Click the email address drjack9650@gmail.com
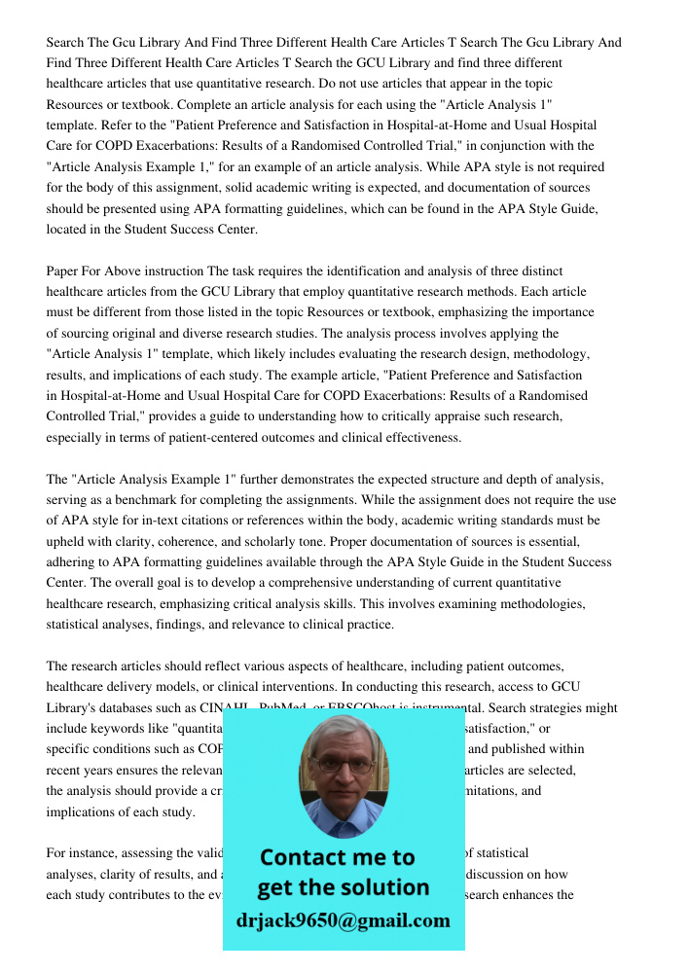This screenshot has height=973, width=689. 344,920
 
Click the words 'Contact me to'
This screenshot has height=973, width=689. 337,857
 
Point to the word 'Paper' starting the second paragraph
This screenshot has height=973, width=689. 64,270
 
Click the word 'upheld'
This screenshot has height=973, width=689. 69,541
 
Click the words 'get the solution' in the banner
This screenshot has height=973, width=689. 343,887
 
